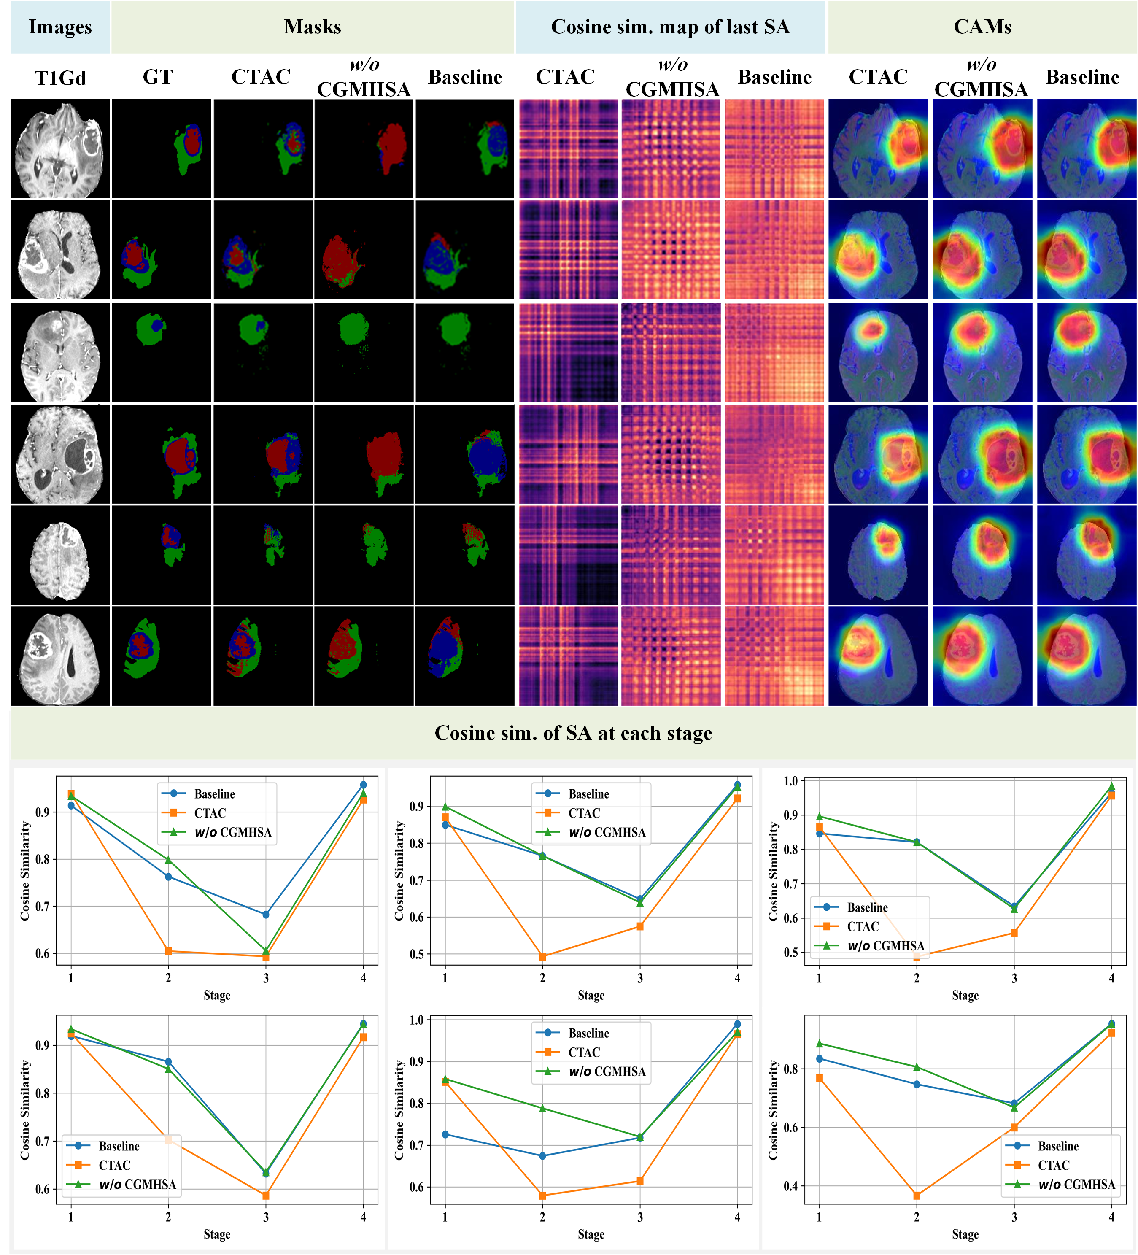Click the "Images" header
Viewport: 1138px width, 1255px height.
click(60, 27)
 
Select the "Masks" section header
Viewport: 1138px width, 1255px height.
click(313, 27)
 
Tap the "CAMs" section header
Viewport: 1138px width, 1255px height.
click(982, 27)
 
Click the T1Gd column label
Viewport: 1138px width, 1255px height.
click(60, 78)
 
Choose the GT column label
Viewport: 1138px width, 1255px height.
click(157, 77)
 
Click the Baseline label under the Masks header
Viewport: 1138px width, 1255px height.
click(465, 77)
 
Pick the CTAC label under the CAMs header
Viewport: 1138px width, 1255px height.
click(878, 77)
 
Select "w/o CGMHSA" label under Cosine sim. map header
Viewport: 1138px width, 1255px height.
click(672, 78)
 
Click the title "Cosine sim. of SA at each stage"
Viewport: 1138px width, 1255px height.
click(573, 733)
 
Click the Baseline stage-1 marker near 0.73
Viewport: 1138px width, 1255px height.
click(445, 1134)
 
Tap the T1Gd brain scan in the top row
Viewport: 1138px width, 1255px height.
click(60, 149)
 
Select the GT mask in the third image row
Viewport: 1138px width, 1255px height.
click(161, 352)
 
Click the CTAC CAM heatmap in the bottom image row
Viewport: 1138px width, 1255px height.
click(878, 656)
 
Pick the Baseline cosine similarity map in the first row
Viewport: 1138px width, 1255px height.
click(774, 149)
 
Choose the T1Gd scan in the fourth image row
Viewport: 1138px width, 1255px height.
click(60, 454)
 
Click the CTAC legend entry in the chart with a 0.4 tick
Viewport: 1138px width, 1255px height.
click(1052, 1165)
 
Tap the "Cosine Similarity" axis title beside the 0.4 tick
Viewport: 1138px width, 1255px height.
click(773, 1110)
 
